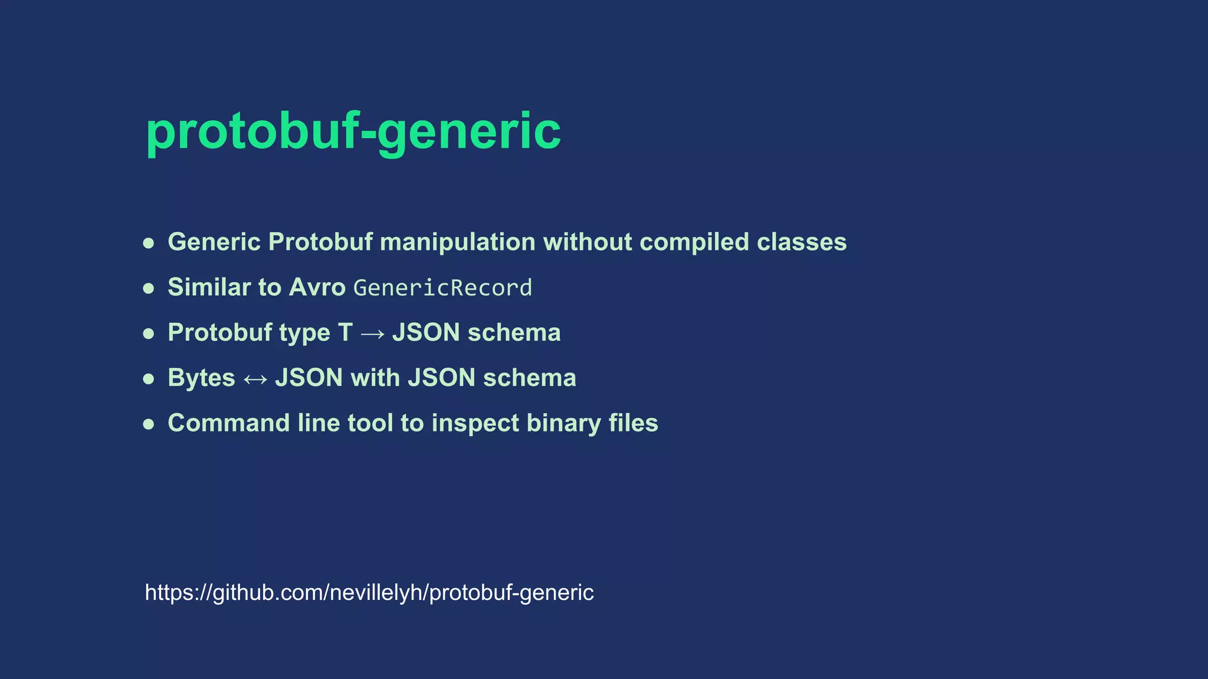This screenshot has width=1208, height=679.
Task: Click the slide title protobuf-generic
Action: pos(353,131)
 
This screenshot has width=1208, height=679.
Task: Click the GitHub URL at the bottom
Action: pos(369,592)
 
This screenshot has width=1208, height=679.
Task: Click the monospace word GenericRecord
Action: pos(442,288)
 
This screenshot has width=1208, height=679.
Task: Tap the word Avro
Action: pos(317,288)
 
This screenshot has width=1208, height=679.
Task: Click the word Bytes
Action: pos(201,378)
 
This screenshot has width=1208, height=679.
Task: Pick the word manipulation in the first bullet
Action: pos(458,242)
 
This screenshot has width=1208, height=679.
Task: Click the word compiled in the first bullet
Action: pos(694,242)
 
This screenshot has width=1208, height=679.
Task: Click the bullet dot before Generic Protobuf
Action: pos(149,243)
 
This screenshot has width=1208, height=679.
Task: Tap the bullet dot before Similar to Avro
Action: pos(149,288)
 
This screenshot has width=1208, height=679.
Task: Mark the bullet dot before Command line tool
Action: pos(149,424)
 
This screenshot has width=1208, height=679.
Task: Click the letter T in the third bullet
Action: pos(345,333)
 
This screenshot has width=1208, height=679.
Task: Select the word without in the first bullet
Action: pos(587,242)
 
